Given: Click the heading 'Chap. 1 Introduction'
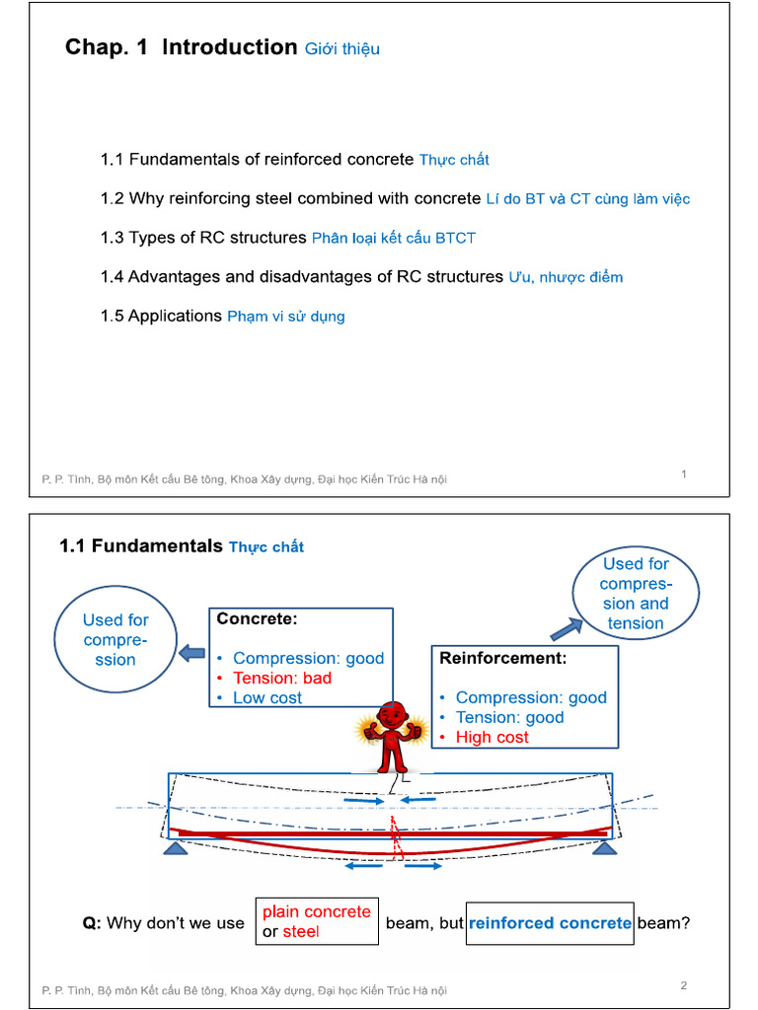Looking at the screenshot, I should (x=181, y=47).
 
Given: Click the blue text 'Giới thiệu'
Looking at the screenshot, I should (x=341, y=49).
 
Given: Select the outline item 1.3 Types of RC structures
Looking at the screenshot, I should (x=203, y=238).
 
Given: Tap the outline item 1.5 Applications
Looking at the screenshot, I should (x=161, y=316).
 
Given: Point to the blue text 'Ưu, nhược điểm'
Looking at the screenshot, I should (x=566, y=277).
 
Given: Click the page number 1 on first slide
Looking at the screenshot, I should (x=684, y=474).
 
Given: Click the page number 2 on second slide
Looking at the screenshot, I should (x=684, y=985).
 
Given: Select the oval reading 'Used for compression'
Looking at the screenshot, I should (x=115, y=640).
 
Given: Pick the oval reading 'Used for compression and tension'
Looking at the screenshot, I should (x=636, y=594).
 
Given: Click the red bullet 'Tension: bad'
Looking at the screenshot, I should (x=282, y=678).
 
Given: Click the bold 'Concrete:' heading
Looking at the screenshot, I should (x=257, y=619).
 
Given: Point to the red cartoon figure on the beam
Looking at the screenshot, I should (x=393, y=736).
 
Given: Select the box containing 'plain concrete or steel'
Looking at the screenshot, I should (x=316, y=921).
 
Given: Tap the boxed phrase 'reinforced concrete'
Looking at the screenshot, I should (x=550, y=923).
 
